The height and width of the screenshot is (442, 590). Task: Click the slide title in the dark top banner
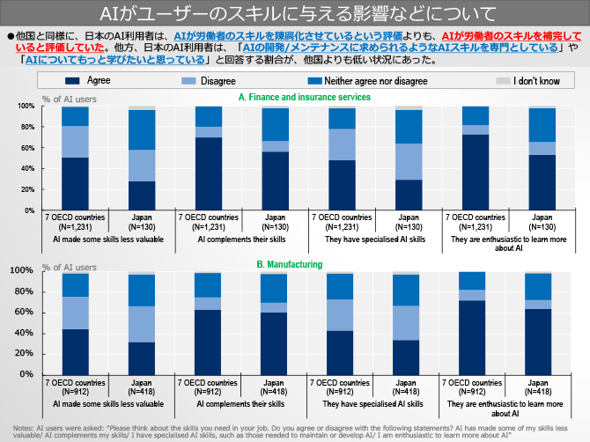[295, 13]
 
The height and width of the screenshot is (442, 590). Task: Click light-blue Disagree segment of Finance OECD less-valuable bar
[75, 141]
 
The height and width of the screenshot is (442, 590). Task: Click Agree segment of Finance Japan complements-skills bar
[275, 180]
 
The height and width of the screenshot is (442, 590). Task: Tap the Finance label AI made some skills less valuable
[108, 239]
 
